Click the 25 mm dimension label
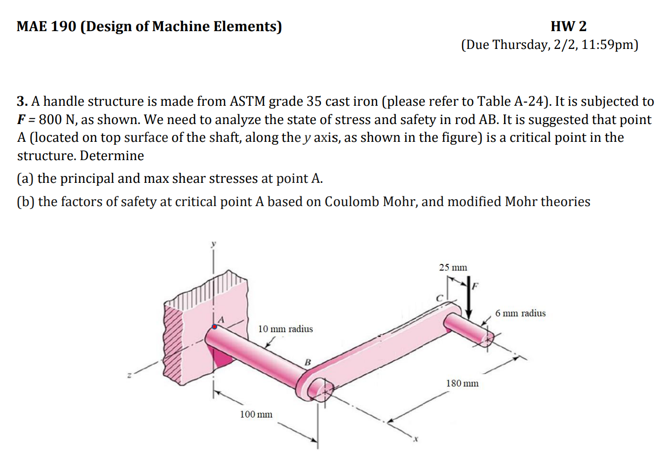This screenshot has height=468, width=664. [x=453, y=267]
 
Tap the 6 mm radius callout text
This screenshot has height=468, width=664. [x=520, y=313]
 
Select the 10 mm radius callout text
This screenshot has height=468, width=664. [x=285, y=329]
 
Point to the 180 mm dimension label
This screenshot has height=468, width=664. [x=462, y=383]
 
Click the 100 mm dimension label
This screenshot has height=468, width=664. [x=256, y=415]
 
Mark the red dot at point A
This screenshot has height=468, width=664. [x=214, y=327]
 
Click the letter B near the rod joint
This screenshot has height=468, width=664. [x=307, y=362]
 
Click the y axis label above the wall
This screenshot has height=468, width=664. [x=214, y=244]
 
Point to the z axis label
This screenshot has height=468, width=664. [x=129, y=376]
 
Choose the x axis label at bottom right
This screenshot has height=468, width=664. [x=416, y=438]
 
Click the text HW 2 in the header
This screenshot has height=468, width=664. [x=568, y=26]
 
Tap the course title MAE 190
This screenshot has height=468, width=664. [x=46, y=26]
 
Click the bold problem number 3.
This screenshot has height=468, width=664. [x=22, y=102]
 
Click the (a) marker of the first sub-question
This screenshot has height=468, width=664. [x=25, y=179]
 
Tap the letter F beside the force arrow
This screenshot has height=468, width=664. [x=476, y=286]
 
